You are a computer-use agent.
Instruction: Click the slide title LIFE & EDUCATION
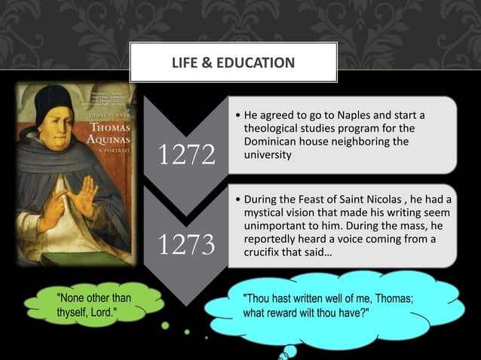(x=234, y=62)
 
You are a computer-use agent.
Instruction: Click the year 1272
(x=187, y=155)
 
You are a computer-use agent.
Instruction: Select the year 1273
(x=187, y=245)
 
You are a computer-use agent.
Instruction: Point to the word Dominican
(x=275, y=142)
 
